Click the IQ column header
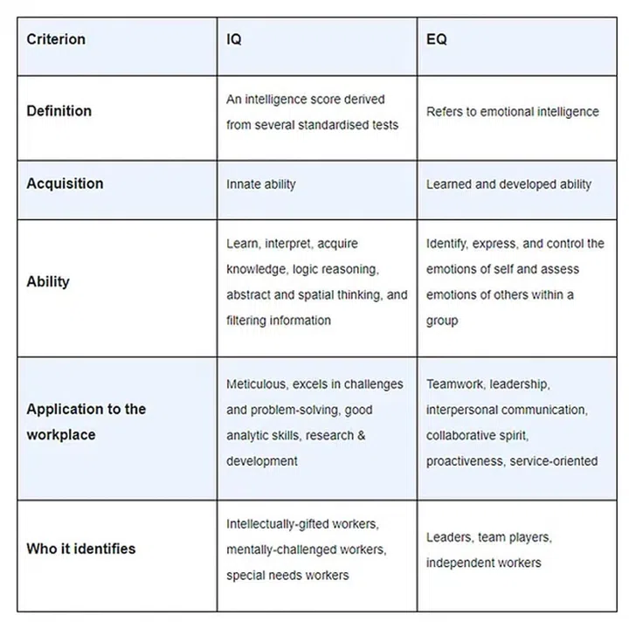[x=235, y=39]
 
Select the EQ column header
[x=437, y=39]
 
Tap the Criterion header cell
[x=56, y=39]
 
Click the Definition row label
[x=59, y=111]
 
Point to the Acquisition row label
[x=65, y=183]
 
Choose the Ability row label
[x=48, y=281]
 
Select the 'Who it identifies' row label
[x=80, y=549]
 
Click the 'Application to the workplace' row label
[x=86, y=421]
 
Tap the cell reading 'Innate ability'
[x=261, y=184]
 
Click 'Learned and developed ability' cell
[x=508, y=184]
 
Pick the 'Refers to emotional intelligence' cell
[x=512, y=112]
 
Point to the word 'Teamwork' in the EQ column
[x=454, y=384]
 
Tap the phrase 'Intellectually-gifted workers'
[x=301, y=524]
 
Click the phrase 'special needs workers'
[x=287, y=575]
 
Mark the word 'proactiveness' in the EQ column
[x=464, y=460]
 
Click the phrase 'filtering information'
[x=279, y=320]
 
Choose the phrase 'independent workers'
[x=483, y=562]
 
